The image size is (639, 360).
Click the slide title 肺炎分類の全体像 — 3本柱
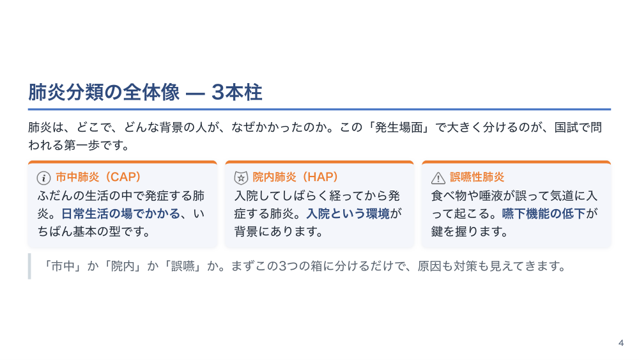pos(145,92)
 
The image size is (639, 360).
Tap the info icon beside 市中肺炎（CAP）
pos(43,178)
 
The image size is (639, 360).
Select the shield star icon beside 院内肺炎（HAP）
pos(241,178)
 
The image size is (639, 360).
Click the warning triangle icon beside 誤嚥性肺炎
pos(438,178)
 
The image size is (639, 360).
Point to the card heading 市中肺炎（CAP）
pos(98,177)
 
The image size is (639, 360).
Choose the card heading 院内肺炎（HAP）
pos(295,177)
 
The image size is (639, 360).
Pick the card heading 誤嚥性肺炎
pos(477,177)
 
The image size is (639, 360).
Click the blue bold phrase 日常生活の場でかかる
pos(121,214)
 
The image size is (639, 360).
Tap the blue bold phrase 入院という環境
pos(348,214)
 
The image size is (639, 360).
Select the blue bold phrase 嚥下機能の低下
pos(544,214)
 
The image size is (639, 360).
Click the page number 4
pos(621,343)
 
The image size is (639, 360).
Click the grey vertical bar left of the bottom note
pos(29,266)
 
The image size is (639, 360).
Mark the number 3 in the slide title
pos(218,93)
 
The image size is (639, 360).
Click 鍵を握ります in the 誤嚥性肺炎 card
pos(469,231)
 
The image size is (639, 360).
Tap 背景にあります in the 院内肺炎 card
pos(279,231)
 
